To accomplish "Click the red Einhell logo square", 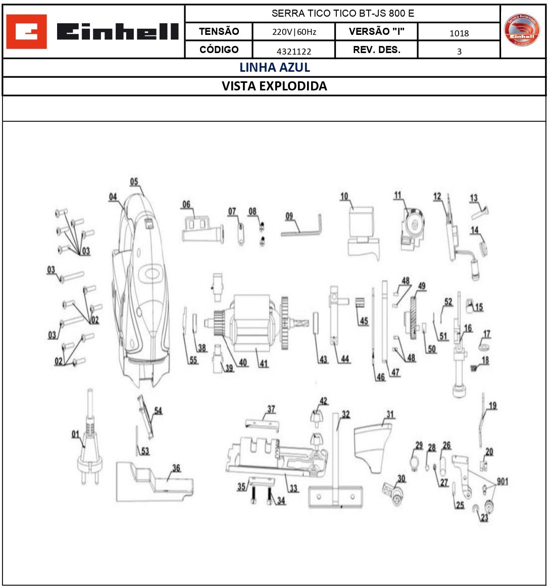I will click(26, 31).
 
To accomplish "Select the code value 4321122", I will click(294, 51).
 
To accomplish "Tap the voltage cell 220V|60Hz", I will click(294, 32).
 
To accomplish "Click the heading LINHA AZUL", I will click(274, 68).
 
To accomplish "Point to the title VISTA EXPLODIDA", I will click(274, 86).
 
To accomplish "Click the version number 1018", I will click(459, 33).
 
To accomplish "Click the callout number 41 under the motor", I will click(264, 363).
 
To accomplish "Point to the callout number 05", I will click(134, 182).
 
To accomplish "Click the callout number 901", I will click(502, 481).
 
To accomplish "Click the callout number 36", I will click(176, 468).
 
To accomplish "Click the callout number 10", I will click(344, 196).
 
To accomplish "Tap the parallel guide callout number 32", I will click(345, 415).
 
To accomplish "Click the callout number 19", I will click(492, 405).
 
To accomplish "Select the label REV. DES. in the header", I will click(376, 50).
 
